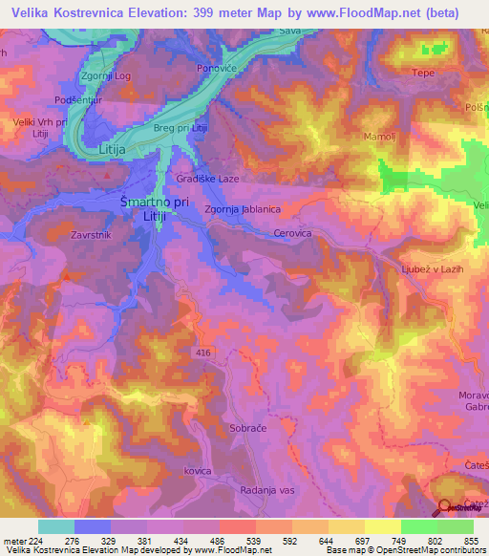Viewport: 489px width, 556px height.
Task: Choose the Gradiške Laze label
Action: [x=207, y=179]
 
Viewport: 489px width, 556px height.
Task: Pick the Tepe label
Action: [x=422, y=73]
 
